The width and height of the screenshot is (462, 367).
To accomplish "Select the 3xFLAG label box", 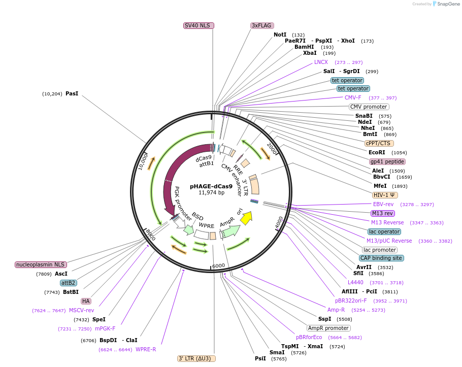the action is coord(261,25).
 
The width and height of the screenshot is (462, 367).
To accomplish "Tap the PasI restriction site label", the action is coord(72,93).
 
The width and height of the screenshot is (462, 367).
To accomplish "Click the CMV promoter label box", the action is coord(369,107).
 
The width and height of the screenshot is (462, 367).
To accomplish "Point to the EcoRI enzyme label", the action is coord(377,152).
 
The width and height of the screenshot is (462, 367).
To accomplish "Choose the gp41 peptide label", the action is coord(387,161).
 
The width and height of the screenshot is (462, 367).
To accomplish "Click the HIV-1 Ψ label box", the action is coord(385,195).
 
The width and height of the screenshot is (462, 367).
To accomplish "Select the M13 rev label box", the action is coord(382,213).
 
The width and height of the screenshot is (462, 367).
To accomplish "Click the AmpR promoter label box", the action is coord(328,328).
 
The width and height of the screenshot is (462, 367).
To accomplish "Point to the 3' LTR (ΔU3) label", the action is coord(196,358).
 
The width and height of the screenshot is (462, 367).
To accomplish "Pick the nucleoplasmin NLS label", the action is coord(41,264).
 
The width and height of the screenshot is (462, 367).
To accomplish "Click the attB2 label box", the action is coord(68,283).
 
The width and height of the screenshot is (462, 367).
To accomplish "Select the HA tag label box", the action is coord(85,301).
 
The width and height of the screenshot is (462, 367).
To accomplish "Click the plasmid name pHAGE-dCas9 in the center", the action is coord(211,186).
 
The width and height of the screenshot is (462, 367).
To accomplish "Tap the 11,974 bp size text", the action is coord(211,192).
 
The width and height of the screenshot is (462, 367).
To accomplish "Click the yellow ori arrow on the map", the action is coord(246,218).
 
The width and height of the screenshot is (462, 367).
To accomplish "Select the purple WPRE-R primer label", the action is coord(146,349).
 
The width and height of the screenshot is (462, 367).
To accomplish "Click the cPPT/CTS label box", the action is coord(378,143).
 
